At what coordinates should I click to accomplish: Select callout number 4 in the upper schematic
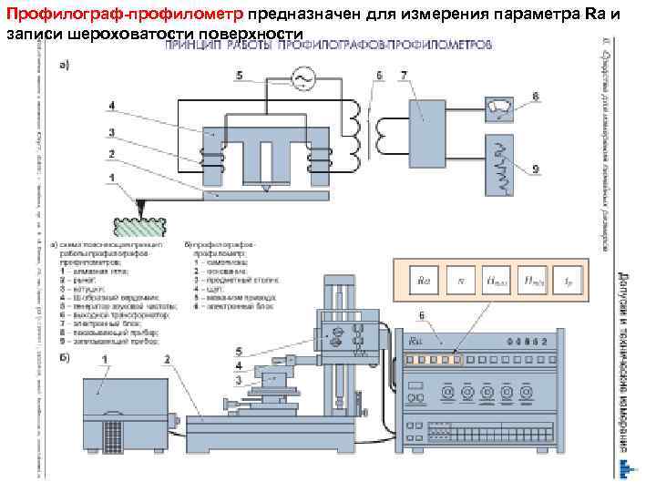click(x=111, y=106)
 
